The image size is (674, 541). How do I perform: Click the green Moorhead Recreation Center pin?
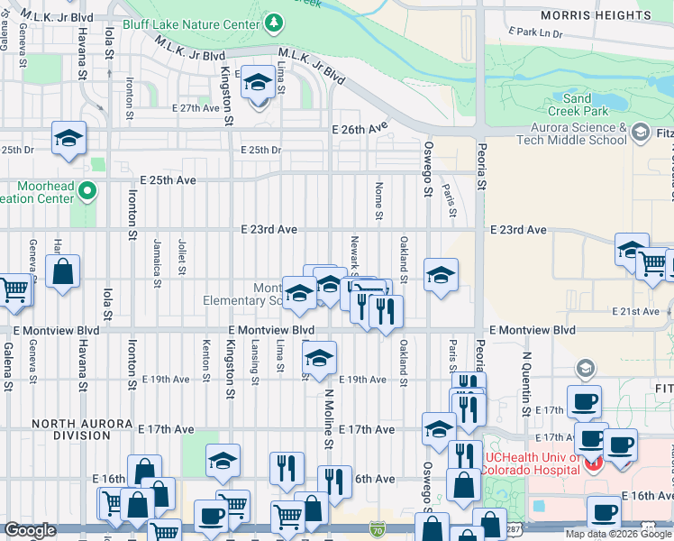tap(87, 190)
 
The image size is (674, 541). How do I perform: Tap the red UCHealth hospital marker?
tap(593, 464)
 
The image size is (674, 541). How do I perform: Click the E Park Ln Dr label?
tap(535, 32)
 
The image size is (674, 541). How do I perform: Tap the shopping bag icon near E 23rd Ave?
tap(63, 271)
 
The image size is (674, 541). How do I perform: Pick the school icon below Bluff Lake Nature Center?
tap(259, 84)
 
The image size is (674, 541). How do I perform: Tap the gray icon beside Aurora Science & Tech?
tap(641, 133)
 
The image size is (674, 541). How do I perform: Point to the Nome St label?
tap(378, 201)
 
